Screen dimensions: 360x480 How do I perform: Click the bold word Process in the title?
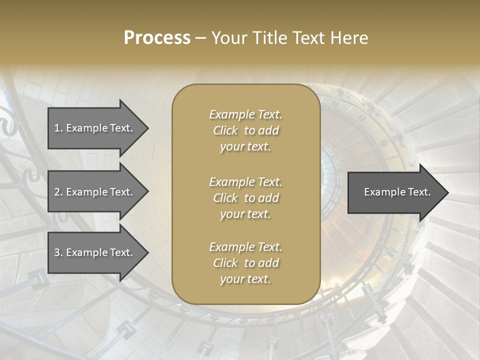tap(157, 38)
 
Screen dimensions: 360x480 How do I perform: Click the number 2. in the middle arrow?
tap(58, 192)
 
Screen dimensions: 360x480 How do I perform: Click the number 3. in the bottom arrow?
tap(58, 252)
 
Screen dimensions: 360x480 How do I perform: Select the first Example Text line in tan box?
tap(245, 114)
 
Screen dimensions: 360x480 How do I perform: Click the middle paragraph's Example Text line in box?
tap(245, 181)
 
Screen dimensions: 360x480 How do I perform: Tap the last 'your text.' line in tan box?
tap(245, 279)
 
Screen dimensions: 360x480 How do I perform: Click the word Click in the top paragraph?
tap(225, 130)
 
